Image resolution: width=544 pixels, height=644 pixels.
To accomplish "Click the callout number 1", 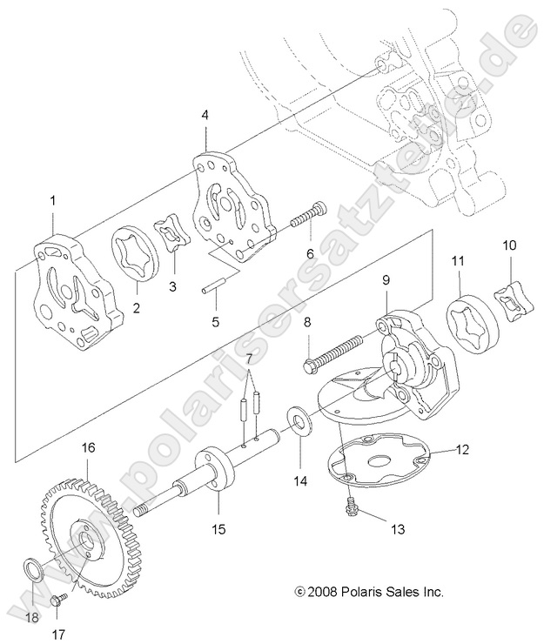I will click(52, 201).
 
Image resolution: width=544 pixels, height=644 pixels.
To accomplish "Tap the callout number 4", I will click(205, 114).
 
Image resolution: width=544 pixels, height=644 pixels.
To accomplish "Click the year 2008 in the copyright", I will click(324, 592).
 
